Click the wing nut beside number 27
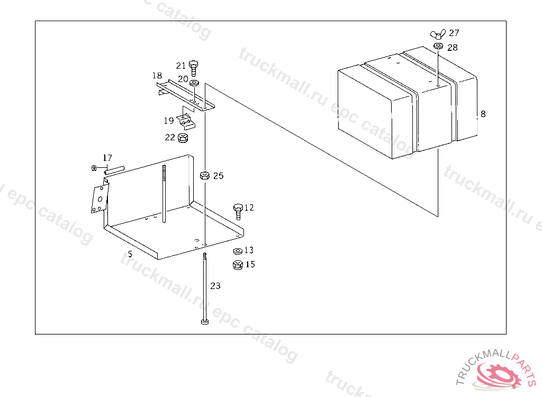(x=438, y=34)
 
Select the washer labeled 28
(x=438, y=46)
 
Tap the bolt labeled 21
(x=194, y=68)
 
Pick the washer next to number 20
(x=194, y=83)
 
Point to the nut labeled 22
(x=183, y=138)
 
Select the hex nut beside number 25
(x=205, y=175)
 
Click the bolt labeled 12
(x=238, y=211)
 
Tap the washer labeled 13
(x=238, y=251)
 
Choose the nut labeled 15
(x=238, y=265)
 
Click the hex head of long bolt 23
(x=205, y=322)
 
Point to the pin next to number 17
(x=114, y=170)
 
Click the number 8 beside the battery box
(x=483, y=114)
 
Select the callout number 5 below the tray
(x=130, y=254)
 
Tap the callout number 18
(x=157, y=75)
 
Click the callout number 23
(x=215, y=286)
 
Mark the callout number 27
(x=454, y=33)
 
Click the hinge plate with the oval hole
(x=100, y=198)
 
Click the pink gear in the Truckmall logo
(x=498, y=375)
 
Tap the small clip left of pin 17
(x=93, y=168)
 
